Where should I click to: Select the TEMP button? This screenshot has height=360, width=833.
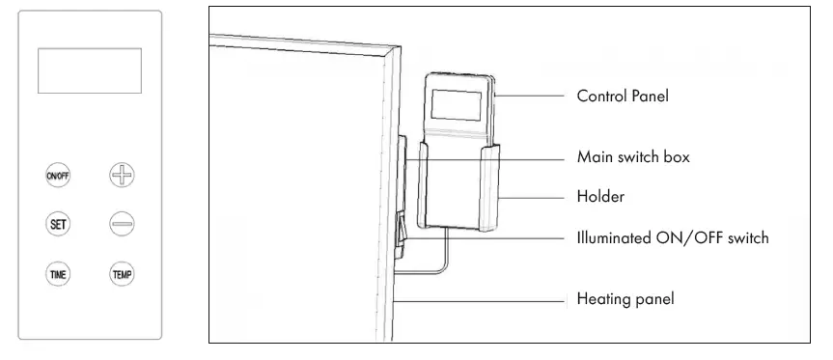(x=122, y=273)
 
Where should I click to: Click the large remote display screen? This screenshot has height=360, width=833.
(x=89, y=70)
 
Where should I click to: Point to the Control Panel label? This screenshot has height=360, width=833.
(x=623, y=97)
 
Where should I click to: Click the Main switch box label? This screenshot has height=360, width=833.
(x=633, y=156)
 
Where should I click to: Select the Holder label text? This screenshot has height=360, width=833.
(x=600, y=197)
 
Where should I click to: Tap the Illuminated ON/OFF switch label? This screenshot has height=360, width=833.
(x=672, y=237)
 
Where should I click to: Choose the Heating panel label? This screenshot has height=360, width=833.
(x=625, y=299)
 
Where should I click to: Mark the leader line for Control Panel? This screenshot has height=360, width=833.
(x=530, y=97)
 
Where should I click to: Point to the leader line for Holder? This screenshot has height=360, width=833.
(x=536, y=197)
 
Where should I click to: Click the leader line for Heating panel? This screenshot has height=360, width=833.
(x=483, y=299)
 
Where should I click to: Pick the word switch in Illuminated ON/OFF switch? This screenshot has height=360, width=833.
(x=745, y=237)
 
